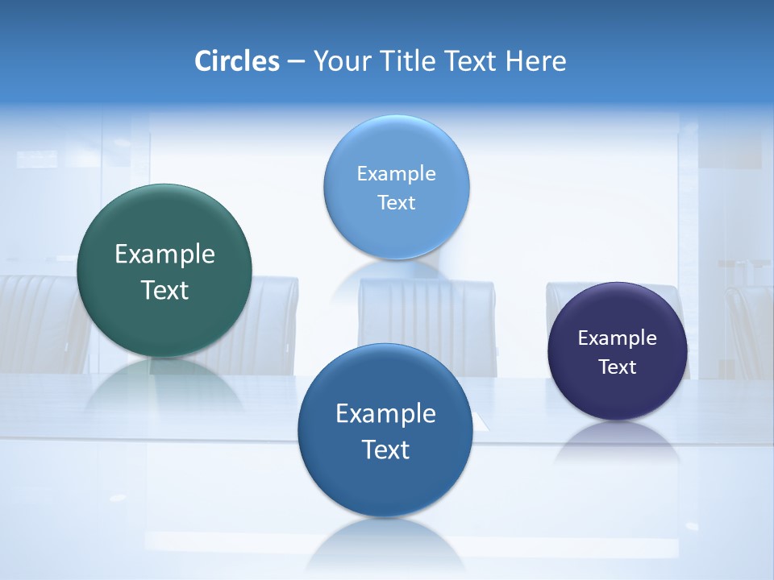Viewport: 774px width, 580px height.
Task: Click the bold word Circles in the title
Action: click(x=237, y=61)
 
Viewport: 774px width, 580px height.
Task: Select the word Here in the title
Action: click(x=535, y=61)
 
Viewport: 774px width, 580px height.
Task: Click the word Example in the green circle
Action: click(x=164, y=255)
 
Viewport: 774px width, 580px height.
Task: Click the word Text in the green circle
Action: click(x=164, y=290)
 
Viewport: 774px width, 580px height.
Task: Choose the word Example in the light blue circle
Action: click(x=396, y=174)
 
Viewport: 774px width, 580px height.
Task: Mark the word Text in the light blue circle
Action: click(x=396, y=203)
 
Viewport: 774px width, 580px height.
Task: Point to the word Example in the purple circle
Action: click(x=618, y=338)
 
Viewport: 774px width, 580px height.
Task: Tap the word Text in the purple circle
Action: click(x=618, y=367)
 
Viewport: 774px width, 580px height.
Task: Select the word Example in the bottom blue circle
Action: click(x=385, y=414)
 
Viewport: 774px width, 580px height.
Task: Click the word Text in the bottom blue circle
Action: click(x=385, y=449)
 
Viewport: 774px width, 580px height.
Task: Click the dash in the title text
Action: click(x=296, y=62)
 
